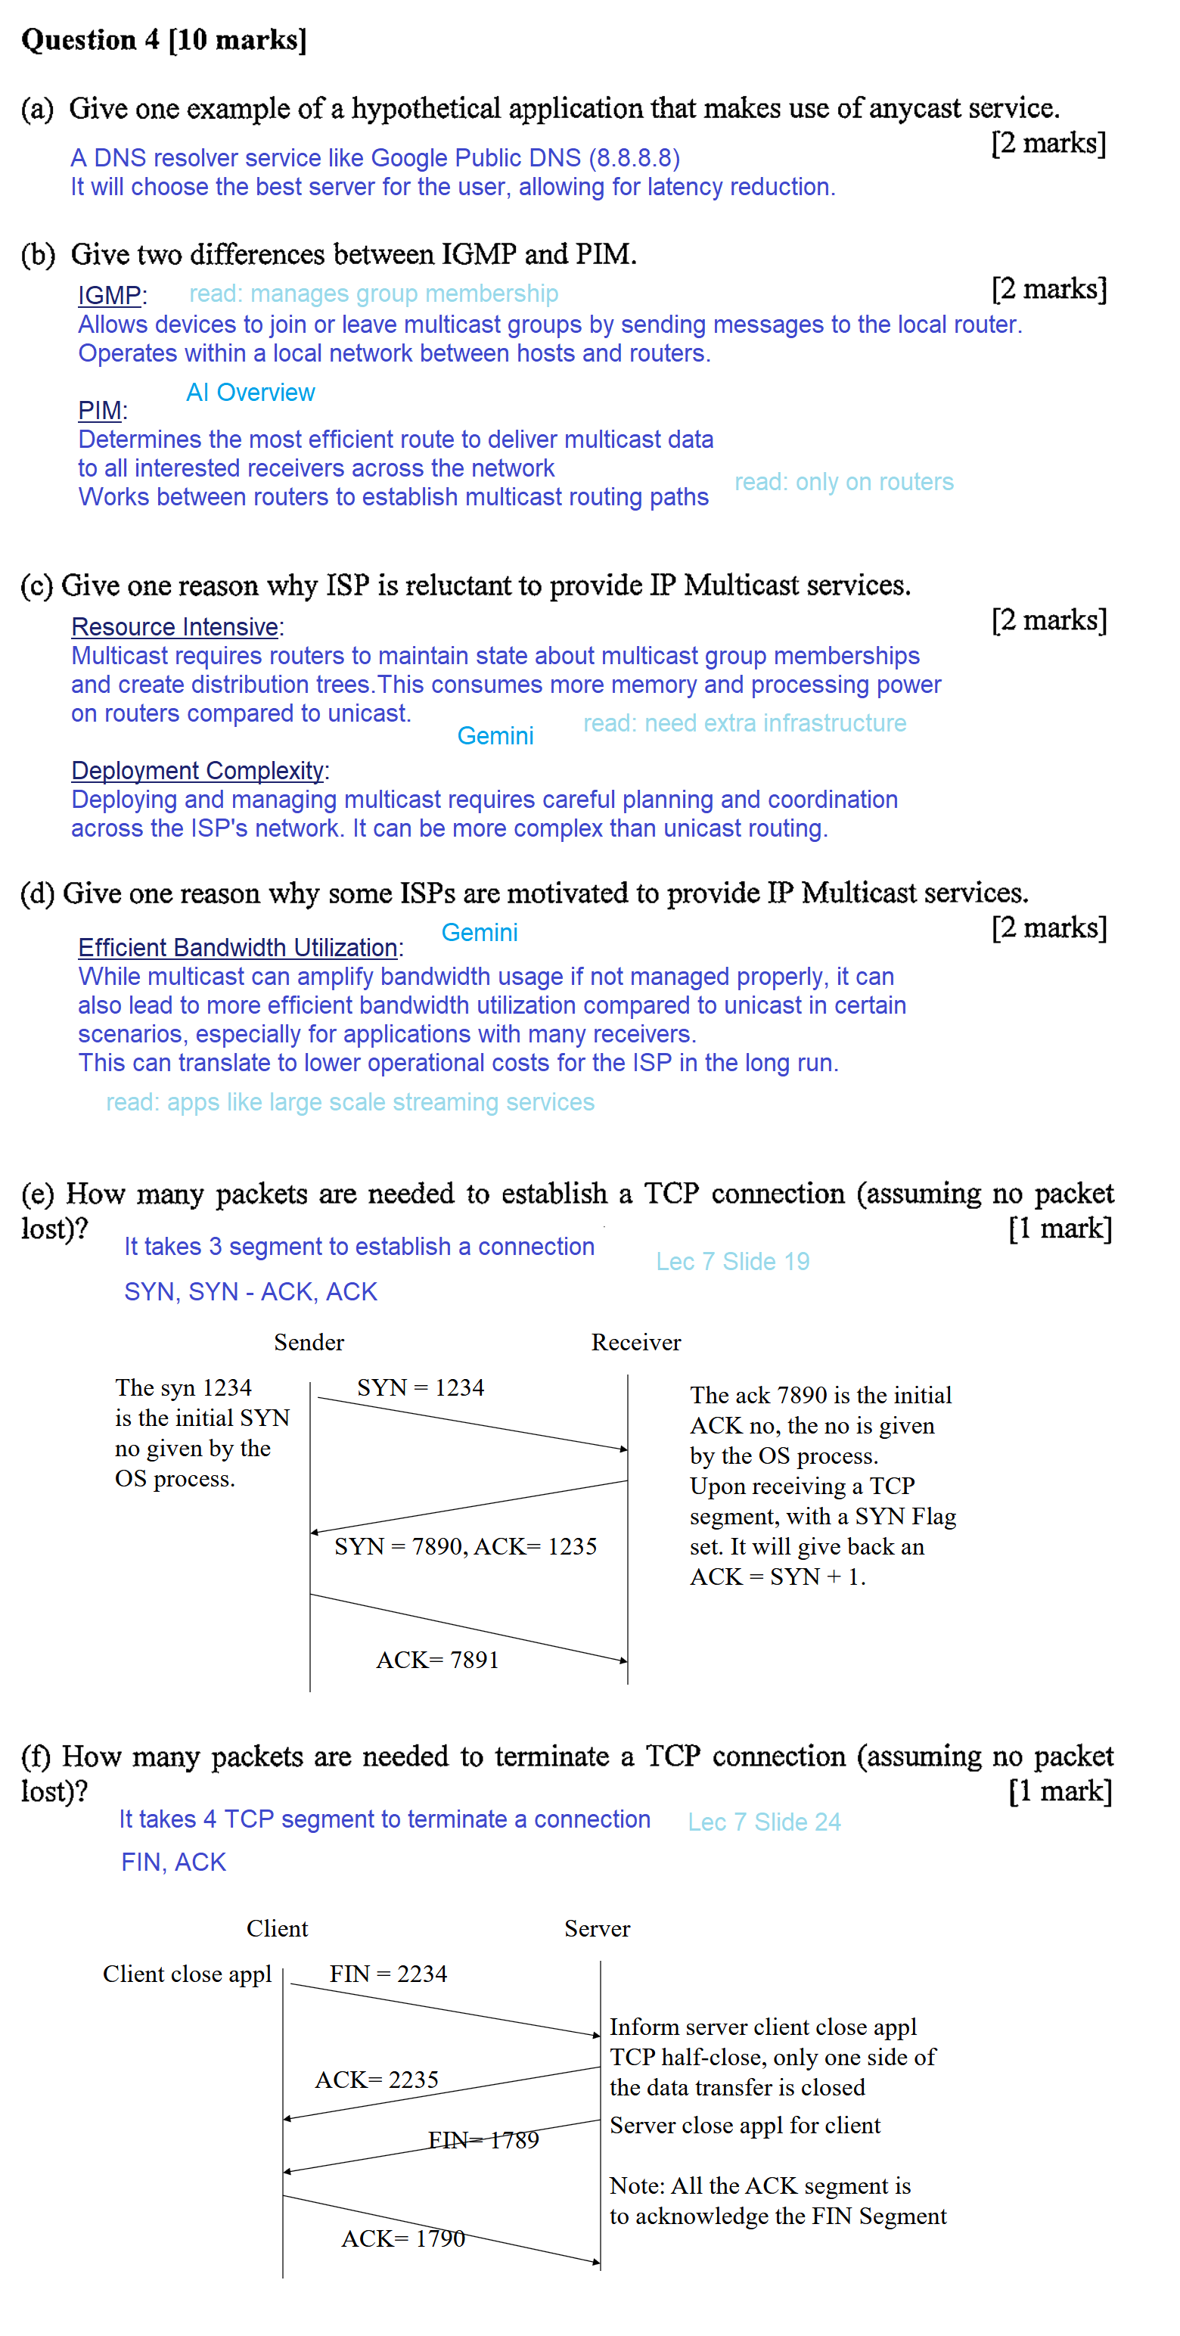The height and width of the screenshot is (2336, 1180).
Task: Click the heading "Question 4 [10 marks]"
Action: point(164,40)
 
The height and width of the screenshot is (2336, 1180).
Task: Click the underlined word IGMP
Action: point(110,296)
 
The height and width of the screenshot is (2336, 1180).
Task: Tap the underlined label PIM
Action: point(100,411)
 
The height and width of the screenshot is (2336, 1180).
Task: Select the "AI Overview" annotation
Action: point(250,393)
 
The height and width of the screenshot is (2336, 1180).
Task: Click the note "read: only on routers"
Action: point(843,482)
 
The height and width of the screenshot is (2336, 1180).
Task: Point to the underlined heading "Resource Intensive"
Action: point(175,626)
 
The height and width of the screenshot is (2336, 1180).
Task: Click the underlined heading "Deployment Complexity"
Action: point(197,771)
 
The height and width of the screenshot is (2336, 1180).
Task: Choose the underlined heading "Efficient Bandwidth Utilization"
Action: point(238,948)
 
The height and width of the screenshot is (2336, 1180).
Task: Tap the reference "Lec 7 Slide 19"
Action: point(732,1261)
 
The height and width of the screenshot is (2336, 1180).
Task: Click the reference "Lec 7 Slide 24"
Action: point(764,1822)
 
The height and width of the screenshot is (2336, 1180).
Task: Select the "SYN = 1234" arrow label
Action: point(420,1387)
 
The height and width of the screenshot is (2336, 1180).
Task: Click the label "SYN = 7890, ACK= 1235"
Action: point(465,1546)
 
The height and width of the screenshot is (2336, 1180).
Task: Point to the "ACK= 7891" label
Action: point(437,1660)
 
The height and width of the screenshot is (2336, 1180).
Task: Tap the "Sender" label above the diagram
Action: point(309,1342)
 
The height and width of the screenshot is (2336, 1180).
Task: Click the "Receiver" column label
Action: point(636,1342)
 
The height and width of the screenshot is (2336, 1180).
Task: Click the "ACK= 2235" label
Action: point(377,2080)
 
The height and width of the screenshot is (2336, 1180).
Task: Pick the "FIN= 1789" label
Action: point(483,2140)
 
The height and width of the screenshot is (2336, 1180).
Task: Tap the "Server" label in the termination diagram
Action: point(597,1929)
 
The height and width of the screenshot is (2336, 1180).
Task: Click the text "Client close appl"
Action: point(187,1974)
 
